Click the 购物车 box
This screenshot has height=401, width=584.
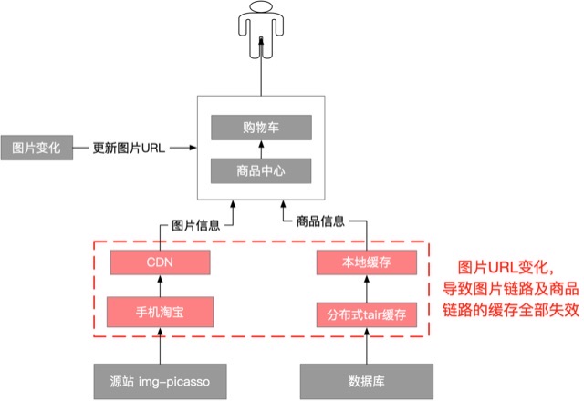pos(261,127)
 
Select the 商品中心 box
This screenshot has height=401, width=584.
pos(261,170)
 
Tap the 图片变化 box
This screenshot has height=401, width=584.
pos(36,146)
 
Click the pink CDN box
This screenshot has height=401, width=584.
pos(160,263)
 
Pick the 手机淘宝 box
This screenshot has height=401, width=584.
pos(160,311)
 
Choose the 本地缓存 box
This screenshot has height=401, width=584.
pos(366,263)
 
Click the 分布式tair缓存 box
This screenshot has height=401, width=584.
pos(366,314)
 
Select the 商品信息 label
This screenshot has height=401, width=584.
pos(319,221)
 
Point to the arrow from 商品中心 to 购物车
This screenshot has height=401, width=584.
pos(261,149)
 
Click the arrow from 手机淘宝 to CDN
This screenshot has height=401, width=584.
pos(160,286)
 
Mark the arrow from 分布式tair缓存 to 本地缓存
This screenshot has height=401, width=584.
pos(366,289)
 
